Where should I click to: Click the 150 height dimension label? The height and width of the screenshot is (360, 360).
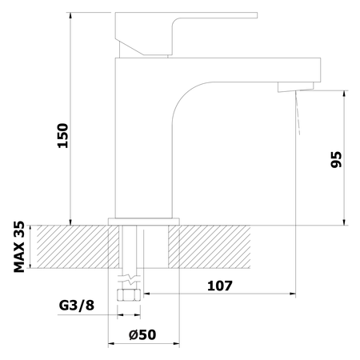click(63, 135)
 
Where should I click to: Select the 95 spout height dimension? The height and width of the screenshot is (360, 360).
click(336, 159)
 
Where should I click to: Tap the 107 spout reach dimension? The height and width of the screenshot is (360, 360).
click(220, 286)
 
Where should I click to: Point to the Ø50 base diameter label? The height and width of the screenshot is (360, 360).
click(142, 334)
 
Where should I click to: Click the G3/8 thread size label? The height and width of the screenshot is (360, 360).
click(77, 306)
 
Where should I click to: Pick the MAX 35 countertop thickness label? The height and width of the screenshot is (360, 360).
click(19, 246)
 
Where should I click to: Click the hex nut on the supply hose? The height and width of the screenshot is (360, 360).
click(129, 295)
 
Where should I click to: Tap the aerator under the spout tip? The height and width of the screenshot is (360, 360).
click(296, 87)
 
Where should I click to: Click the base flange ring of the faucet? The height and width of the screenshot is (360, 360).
click(144, 222)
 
